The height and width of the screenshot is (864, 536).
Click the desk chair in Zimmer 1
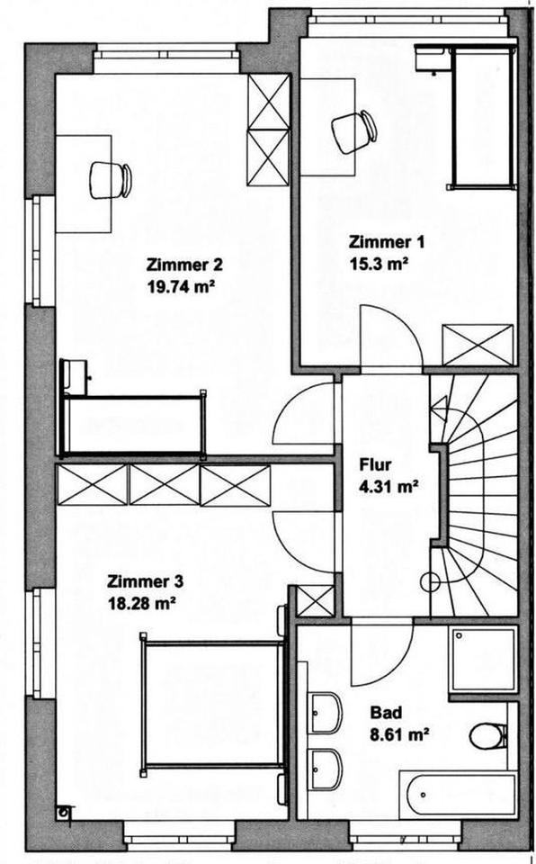click(353, 131)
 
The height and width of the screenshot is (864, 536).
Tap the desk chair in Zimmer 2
click(111, 179)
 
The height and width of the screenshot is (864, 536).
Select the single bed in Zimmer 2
click(133, 423)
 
